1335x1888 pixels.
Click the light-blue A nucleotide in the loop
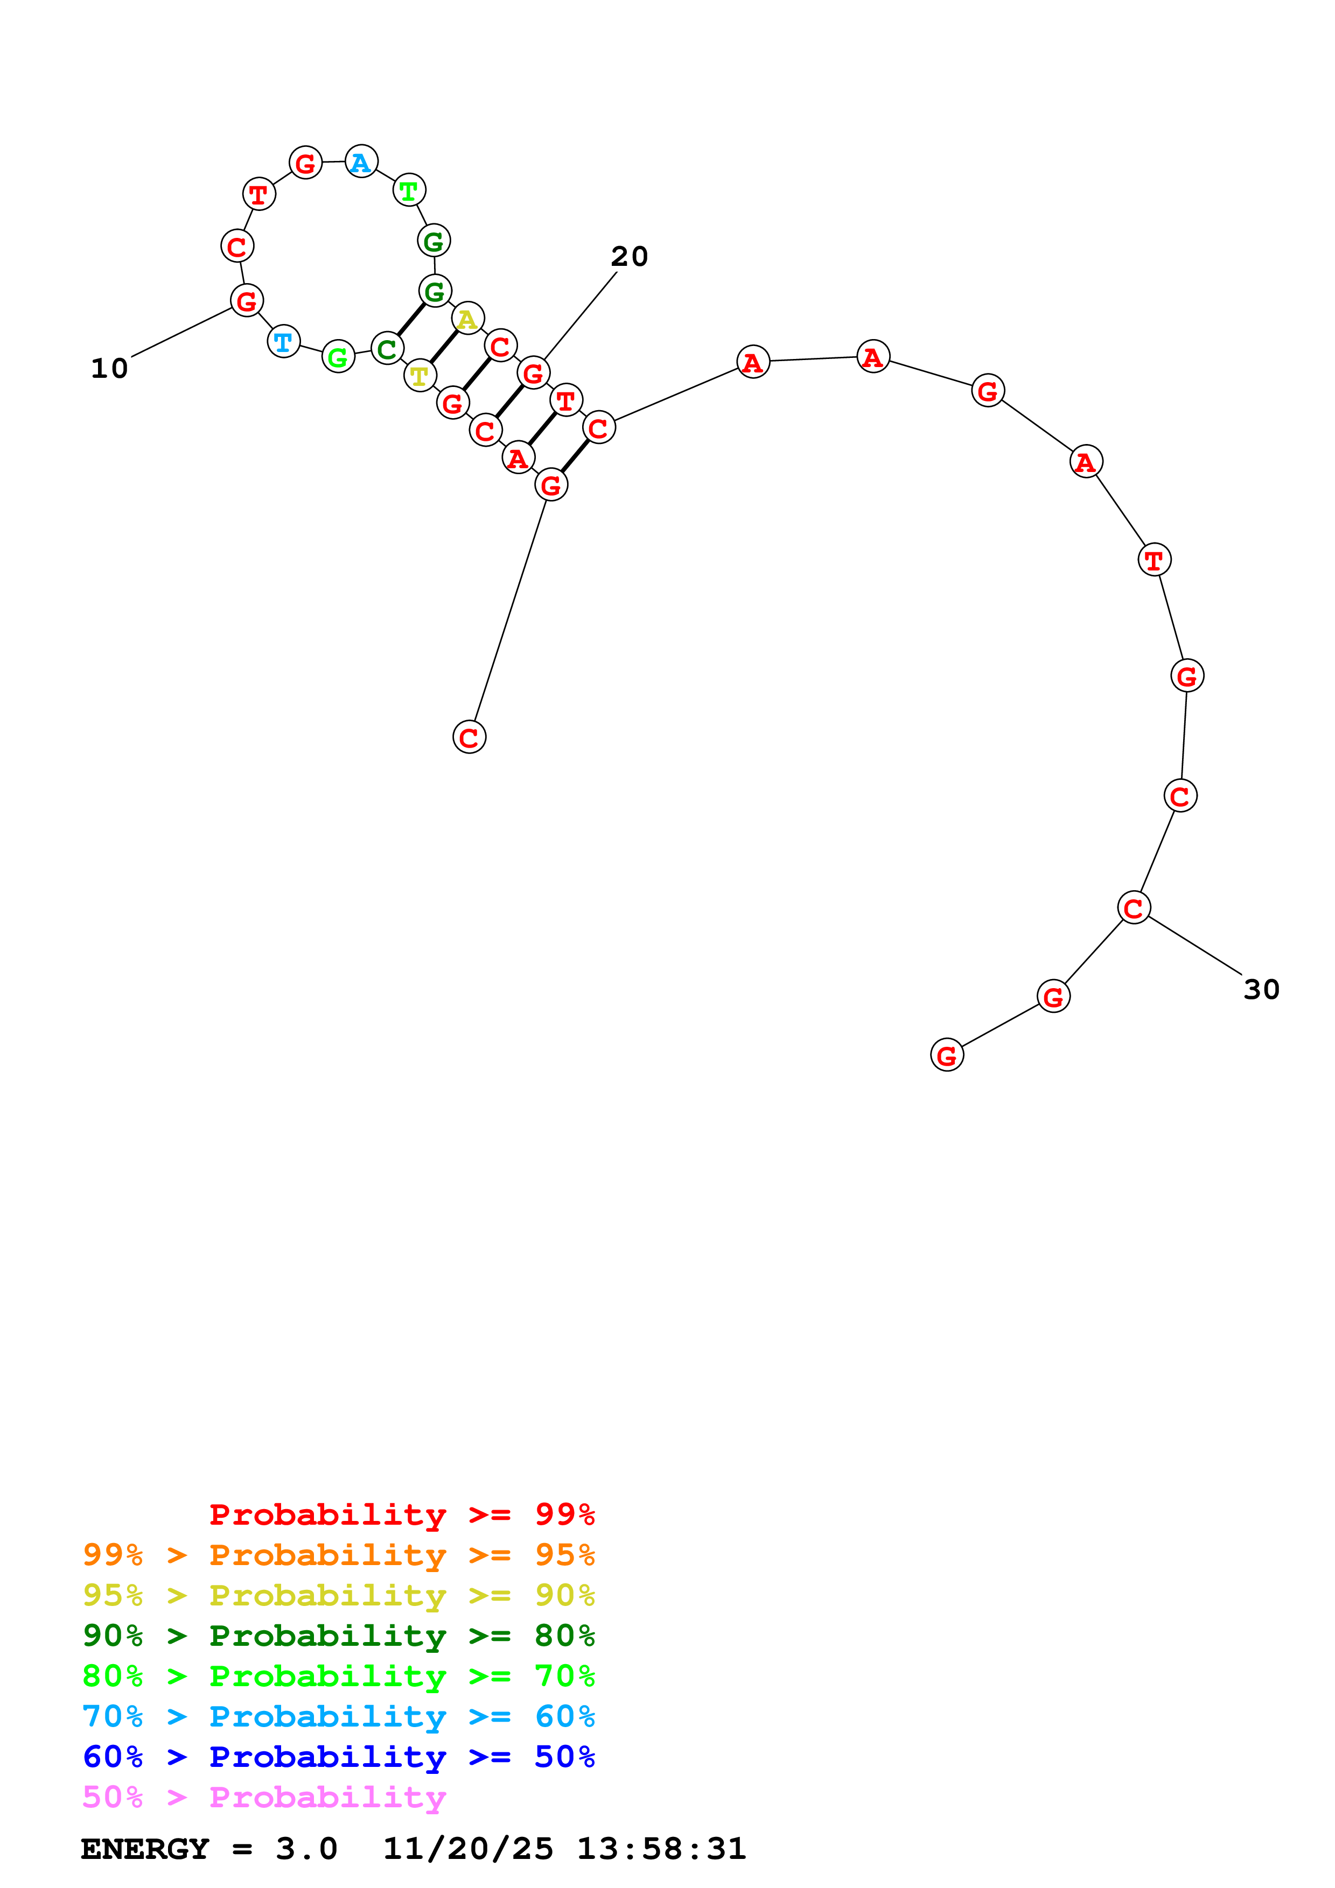[361, 162]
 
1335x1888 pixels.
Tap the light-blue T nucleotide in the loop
[284, 341]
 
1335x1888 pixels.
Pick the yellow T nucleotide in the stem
[420, 376]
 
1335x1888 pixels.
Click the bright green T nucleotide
[409, 191]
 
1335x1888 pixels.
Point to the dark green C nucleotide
[387, 349]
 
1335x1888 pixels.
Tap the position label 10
[109, 368]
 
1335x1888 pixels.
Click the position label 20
[629, 257]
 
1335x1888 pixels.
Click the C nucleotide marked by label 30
[1134, 908]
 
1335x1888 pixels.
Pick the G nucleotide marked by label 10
[246, 301]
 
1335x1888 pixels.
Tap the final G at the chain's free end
[947, 1055]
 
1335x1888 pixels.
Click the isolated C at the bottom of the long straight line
[469, 737]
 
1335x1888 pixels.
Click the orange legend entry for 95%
[338, 1555]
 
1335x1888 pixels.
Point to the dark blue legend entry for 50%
[338, 1757]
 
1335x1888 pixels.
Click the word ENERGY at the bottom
[145, 1849]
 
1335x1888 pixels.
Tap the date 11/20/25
[468, 1849]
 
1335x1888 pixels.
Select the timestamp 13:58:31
[661, 1849]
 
